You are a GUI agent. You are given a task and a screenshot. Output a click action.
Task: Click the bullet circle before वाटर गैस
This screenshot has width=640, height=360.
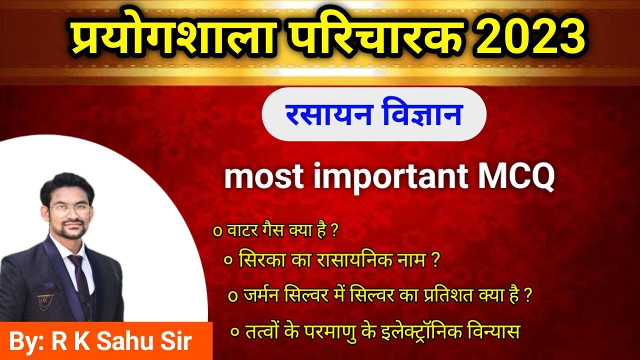pos(217,232)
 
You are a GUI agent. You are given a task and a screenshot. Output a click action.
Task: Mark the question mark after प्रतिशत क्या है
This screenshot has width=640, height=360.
pos(527,295)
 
